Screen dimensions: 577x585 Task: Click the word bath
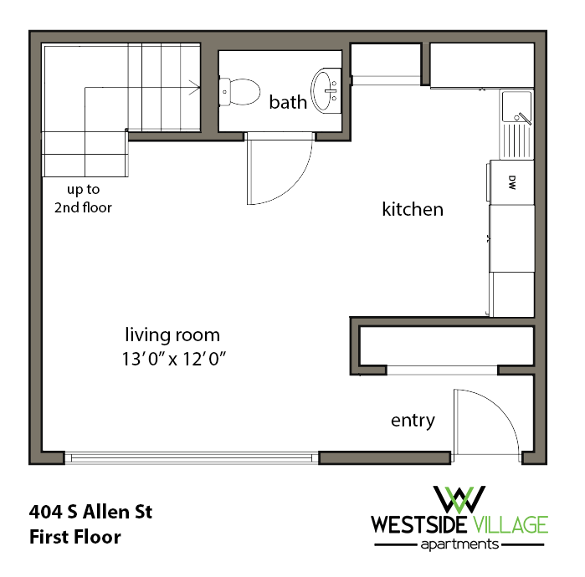288,103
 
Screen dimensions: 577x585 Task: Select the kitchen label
413,209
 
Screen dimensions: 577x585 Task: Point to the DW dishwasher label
511,181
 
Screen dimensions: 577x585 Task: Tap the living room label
172,335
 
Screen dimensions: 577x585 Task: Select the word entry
413,420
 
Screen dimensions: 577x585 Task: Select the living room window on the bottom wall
192,457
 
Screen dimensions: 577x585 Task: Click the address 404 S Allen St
91,511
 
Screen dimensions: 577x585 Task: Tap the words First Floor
75,536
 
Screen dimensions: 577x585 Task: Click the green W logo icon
459,498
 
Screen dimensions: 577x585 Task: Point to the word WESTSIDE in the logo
419,525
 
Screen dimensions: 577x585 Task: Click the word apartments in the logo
459,544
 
